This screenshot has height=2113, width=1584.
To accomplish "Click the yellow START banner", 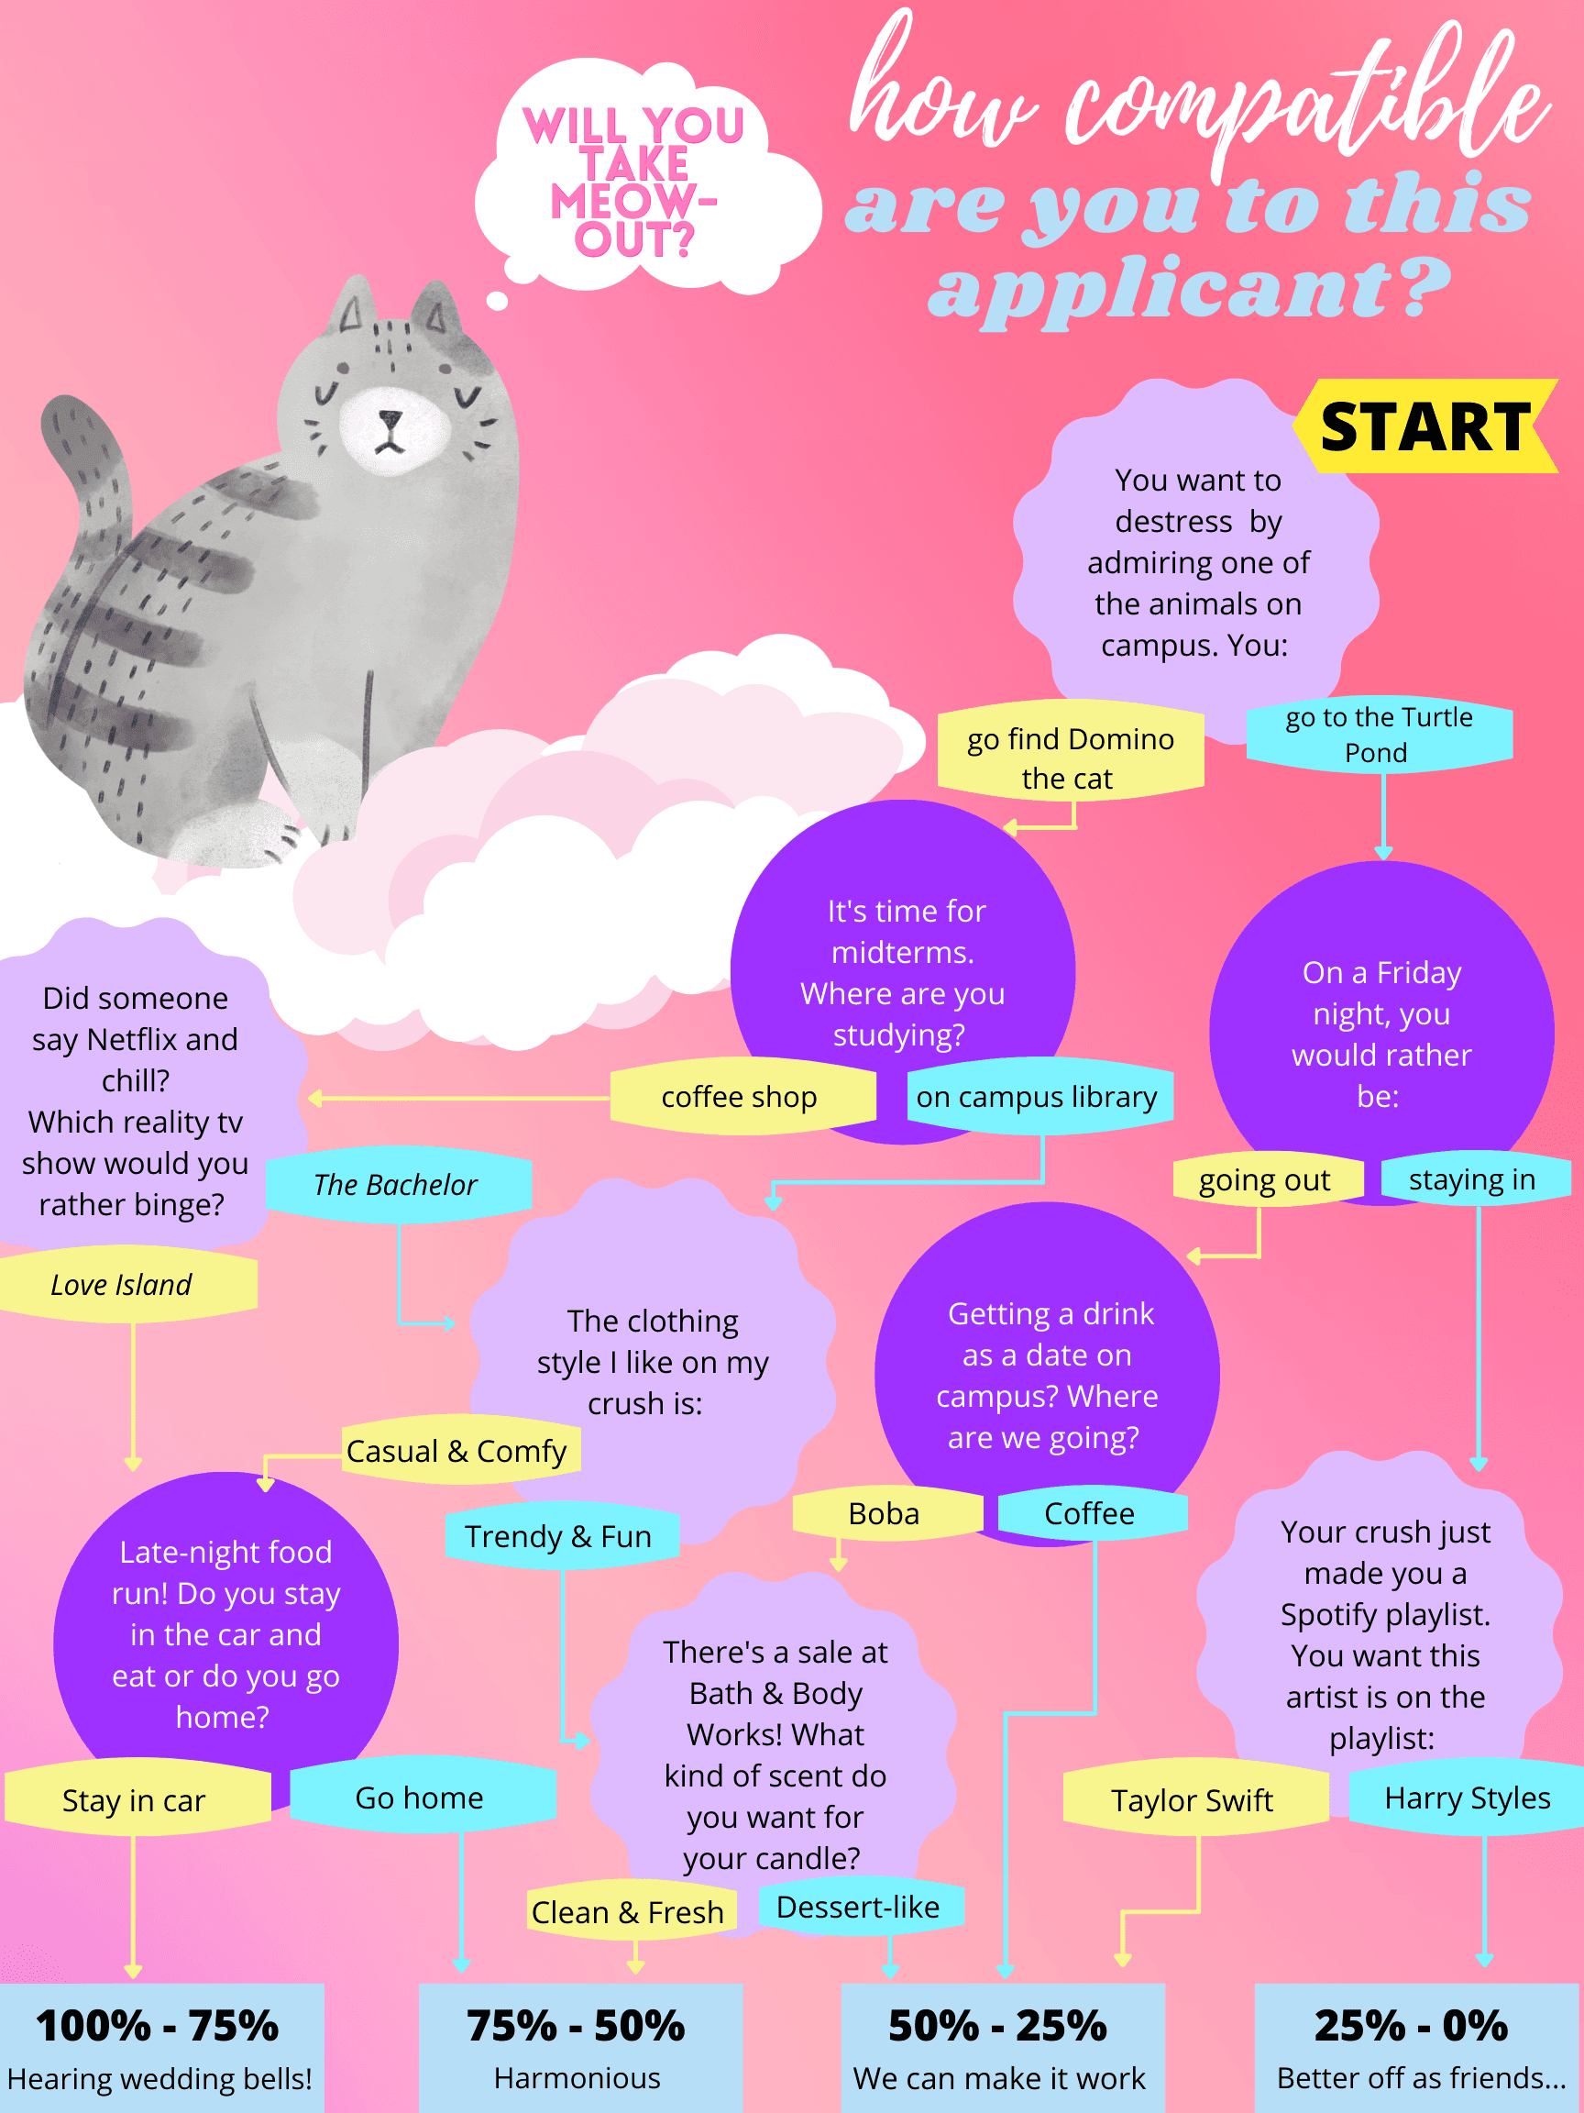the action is coord(1424,426).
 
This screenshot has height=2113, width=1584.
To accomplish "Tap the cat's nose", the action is coord(390,418).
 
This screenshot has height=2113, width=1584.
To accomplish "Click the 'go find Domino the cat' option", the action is coord(1070,758).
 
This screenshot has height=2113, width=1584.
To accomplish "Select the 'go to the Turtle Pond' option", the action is coord(1379,734).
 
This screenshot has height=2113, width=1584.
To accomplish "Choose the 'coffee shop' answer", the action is coord(740,1097).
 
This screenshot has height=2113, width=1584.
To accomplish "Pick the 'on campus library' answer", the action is coord(1037,1097).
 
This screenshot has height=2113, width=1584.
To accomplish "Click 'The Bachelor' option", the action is coord(395,1185).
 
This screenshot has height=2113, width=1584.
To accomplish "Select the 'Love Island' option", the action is coord(121,1285).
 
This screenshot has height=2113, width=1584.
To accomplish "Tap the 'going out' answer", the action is coord(1264,1180).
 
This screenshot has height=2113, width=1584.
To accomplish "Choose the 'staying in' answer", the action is coord(1471,1179).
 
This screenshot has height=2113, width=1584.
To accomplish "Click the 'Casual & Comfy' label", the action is coord(456,1451).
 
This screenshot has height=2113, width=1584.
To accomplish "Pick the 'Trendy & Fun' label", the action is coord(558,1536).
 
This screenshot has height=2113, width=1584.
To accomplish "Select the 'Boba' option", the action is coord(885,1514).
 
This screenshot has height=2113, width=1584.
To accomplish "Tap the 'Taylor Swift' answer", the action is coord(1192,1800).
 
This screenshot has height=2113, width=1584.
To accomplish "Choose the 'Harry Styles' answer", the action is coord(1467,1798).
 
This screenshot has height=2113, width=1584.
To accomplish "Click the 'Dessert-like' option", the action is coord(858,1908).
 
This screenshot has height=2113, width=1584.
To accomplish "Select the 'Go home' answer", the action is coord(419,1798).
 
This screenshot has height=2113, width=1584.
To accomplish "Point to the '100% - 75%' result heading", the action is coord(158,2025).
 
